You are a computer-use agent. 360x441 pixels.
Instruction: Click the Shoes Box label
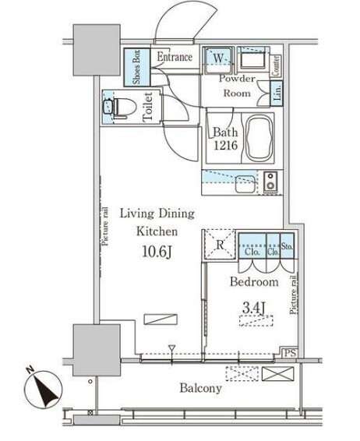tap(136, 67)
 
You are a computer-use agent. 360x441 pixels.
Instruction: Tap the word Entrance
tap(175, 57)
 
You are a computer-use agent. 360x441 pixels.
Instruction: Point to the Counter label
tap(276, 65)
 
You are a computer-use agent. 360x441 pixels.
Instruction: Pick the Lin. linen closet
tap(277, 93)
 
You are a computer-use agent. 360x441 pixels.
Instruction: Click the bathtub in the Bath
tap(260, 139)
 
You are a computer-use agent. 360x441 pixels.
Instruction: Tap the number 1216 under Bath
tap(225, 146)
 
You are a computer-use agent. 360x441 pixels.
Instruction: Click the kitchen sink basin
tap(245, 184)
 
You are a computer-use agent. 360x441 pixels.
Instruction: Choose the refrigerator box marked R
tap(219, 244)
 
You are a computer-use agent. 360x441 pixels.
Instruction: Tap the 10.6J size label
tap(157, 252)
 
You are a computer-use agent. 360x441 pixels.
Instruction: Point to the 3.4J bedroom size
tap(254, 308)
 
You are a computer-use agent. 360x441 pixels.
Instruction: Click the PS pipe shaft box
tap(290, 352)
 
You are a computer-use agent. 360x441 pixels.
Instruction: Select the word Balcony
tap(200, 388)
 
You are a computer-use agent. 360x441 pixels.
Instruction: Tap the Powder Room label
tap(237, 86)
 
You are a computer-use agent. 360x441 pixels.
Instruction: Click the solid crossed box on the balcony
tap(278, 374)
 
